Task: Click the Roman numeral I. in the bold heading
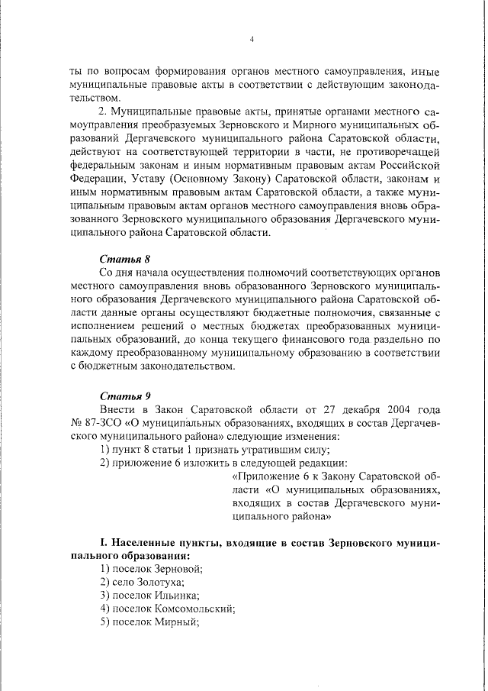point(104,543)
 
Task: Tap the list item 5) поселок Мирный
point(149,622)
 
